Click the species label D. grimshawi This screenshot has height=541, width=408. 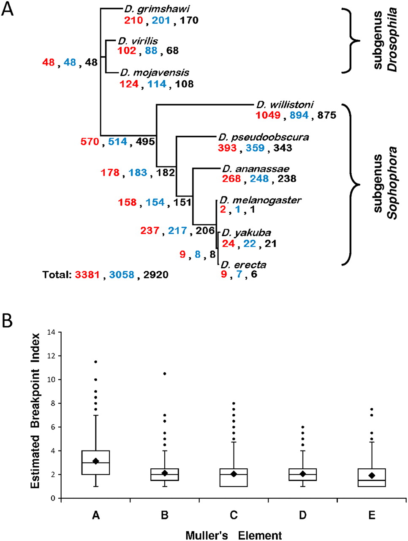point(151,8)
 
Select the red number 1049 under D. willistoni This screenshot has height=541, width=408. point(268,115)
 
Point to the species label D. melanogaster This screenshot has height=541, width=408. point(260,200)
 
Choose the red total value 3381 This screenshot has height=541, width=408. point(87,275)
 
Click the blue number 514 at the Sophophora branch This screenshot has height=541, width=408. point(117,142)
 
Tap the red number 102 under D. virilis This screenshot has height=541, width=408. point(127,51)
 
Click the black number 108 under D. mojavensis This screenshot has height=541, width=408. point(184,84)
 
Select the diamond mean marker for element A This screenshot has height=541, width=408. point(96,461)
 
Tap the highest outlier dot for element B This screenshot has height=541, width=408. point(165,374)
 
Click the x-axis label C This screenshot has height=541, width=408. point(234,515)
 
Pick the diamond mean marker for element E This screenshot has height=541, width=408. point(372,475)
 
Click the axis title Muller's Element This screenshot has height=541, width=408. point(234,535)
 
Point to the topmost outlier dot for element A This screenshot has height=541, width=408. point(96,362)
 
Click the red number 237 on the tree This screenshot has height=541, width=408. point(150,230)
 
